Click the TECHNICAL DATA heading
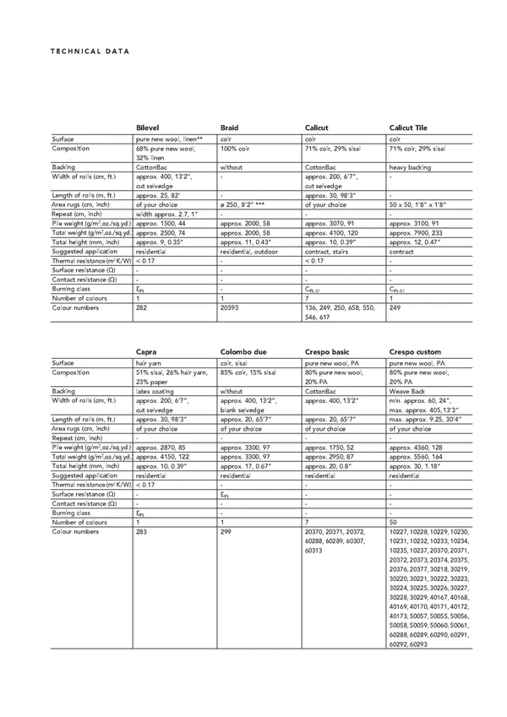(x=89, y=51)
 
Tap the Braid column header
(x=230, y=128)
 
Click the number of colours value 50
(x=393, y=523)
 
